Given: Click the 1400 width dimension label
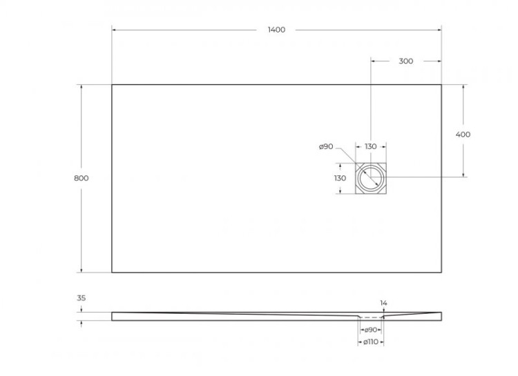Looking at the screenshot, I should pos(276,30).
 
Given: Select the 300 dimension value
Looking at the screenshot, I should pos(406,61).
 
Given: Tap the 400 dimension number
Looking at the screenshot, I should pos(463,135).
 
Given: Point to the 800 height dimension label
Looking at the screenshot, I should pos(81,178).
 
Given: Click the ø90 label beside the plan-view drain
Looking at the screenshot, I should pos(326,146).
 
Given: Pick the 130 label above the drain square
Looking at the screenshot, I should pos(371,146).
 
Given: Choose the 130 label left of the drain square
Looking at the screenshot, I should pos(340,178).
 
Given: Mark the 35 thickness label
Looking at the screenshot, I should pos(81,298).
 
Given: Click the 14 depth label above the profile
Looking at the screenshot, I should pos(384,303).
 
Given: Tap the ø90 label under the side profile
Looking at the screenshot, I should pos(370,330).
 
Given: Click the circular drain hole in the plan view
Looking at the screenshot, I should pos(371,178).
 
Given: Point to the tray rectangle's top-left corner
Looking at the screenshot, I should pos(112,85).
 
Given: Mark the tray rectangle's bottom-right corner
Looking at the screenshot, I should pos(441,272).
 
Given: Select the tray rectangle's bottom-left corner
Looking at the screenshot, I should pos(112,272).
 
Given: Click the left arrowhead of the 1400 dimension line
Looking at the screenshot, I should pos(114,30).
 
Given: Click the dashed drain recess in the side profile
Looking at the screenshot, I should pos(371,317).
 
